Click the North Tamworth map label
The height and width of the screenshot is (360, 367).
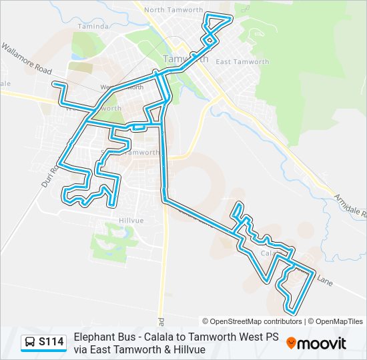click(163, 9)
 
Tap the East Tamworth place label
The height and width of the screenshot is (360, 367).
click(242, 61)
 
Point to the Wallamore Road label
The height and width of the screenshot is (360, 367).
click(26, 59)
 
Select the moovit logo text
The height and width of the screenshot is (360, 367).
click(322, 343)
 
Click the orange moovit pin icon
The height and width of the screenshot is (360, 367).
click(291, 343)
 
